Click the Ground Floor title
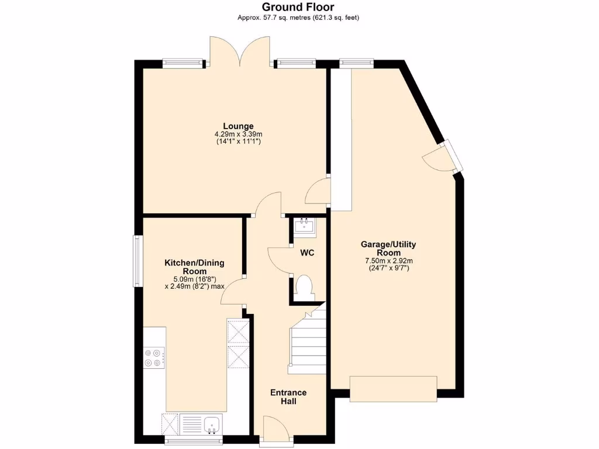tap(298, 7)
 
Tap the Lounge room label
tap(238, 126)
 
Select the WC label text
tap(307, 253)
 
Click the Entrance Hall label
tap(288, 397)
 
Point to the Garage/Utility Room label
tap(388, 248)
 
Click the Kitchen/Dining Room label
tap(194, 267)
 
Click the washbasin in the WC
tap(304, 225)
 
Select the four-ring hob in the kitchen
tap(154, 358)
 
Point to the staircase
tap(306, 345)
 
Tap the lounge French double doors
tap(240, 53)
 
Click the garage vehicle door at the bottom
tap(393, 388)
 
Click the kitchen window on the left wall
tap(137, 261)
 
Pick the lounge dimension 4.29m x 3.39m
tap(238, 134)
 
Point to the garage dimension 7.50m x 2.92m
tap(388, 261)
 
